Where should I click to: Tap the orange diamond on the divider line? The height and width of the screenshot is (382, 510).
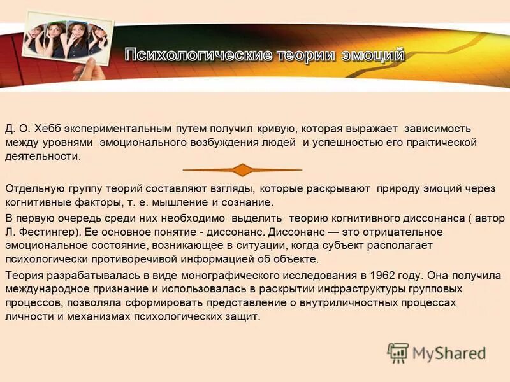[242, 170]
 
